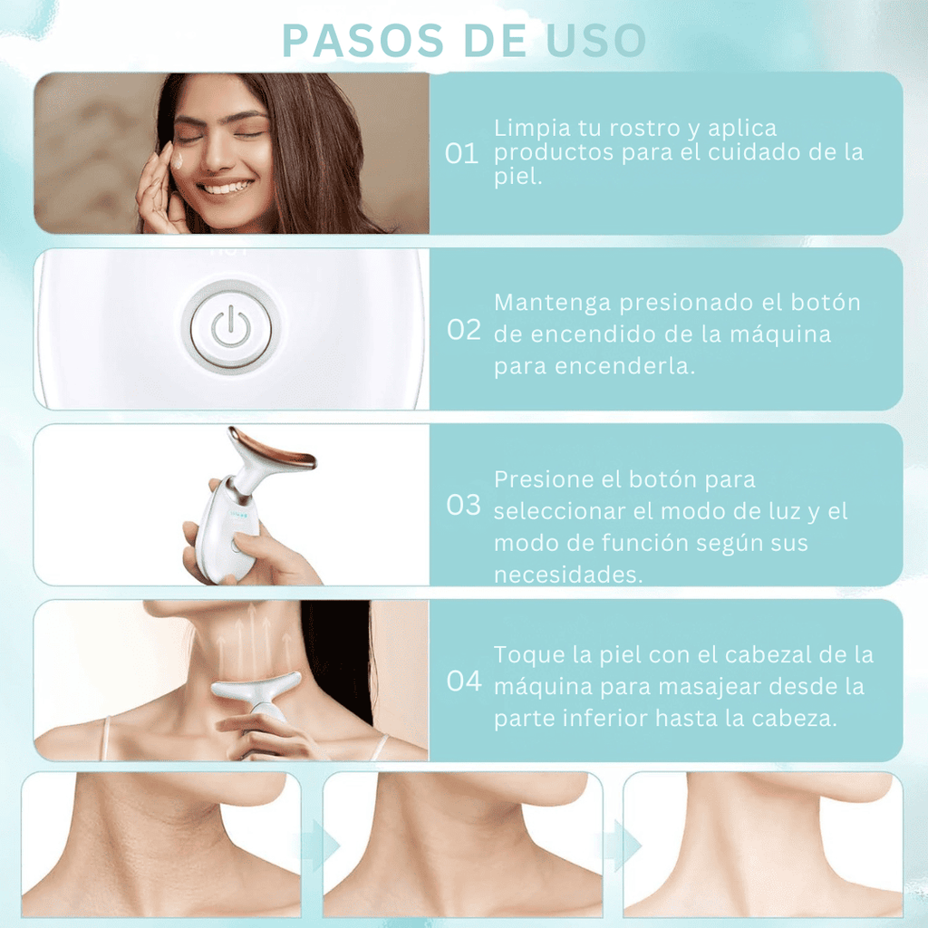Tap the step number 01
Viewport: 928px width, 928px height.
[462, 154]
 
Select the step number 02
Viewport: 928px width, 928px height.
[464, 330]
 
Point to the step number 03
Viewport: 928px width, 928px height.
[464, 505]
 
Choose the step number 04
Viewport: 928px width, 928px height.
[464, 681]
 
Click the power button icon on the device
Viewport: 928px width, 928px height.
[229, 328]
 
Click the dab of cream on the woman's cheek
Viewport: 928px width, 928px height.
[177, 160]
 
